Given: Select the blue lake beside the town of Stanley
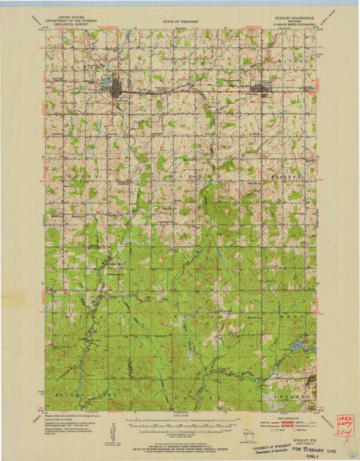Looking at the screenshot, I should (x=105, y=84).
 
